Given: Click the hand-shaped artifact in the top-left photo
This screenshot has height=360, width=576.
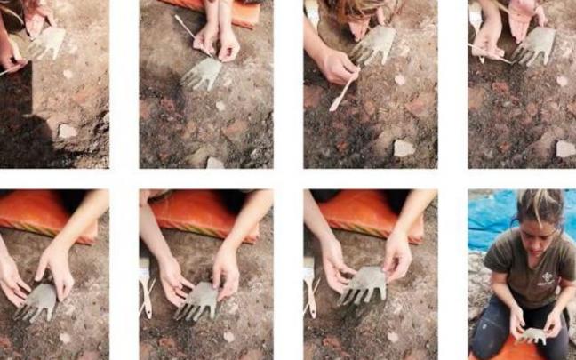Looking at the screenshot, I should (x=48, y=43).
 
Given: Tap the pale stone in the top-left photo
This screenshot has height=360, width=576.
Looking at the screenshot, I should (x=68, y=131).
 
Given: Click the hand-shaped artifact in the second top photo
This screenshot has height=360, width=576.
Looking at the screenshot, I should (x=203, y=74).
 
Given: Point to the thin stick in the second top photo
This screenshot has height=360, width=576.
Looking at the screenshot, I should (x=190, y=31).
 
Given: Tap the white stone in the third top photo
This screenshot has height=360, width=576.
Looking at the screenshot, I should (x=404, y=148).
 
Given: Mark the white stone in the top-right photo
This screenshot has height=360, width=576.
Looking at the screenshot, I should (x=564, y=148).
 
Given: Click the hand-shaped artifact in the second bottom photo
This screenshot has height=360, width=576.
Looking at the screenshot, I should (x=200, y=300).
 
